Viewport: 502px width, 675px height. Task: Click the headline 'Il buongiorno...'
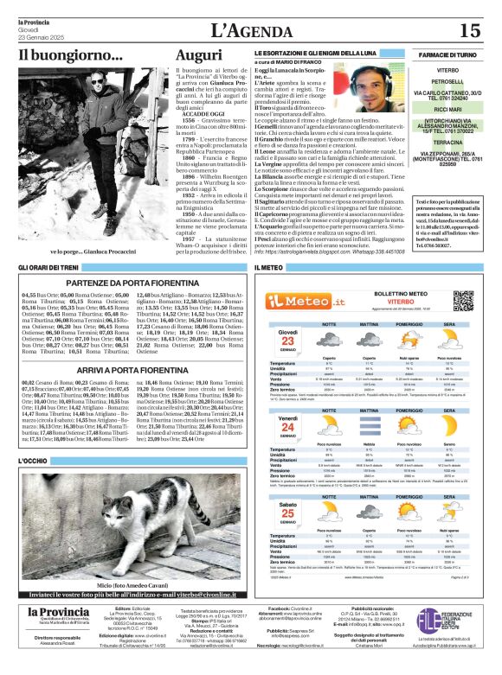coord(71,55)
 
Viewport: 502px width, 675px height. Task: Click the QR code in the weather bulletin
coord(463,301)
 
